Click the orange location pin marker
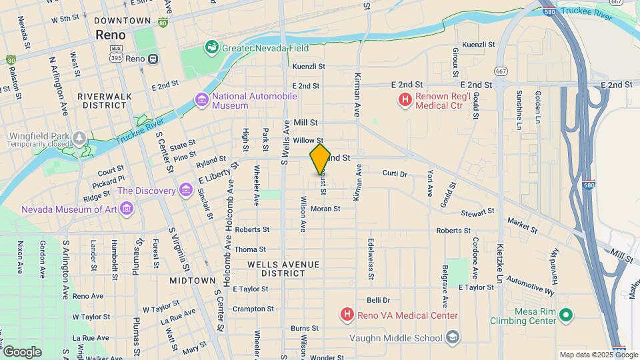coord(320,159)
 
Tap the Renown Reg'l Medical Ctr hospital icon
coord(405,101)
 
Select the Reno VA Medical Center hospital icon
coord(347,315)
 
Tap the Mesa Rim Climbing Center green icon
coord(566,315)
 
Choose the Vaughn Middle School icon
coord(453,337)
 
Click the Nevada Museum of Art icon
coord(127,209)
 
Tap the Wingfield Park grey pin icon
coord(80,139)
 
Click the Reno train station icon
coord(153,59)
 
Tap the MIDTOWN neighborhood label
coord(192,281)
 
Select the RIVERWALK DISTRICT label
coord(105,101)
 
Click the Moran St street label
coord(325,209)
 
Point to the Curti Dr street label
coord(395,173)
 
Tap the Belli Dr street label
coord(378,301)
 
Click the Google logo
coord(22,351)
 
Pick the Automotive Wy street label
coord(530,285)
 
